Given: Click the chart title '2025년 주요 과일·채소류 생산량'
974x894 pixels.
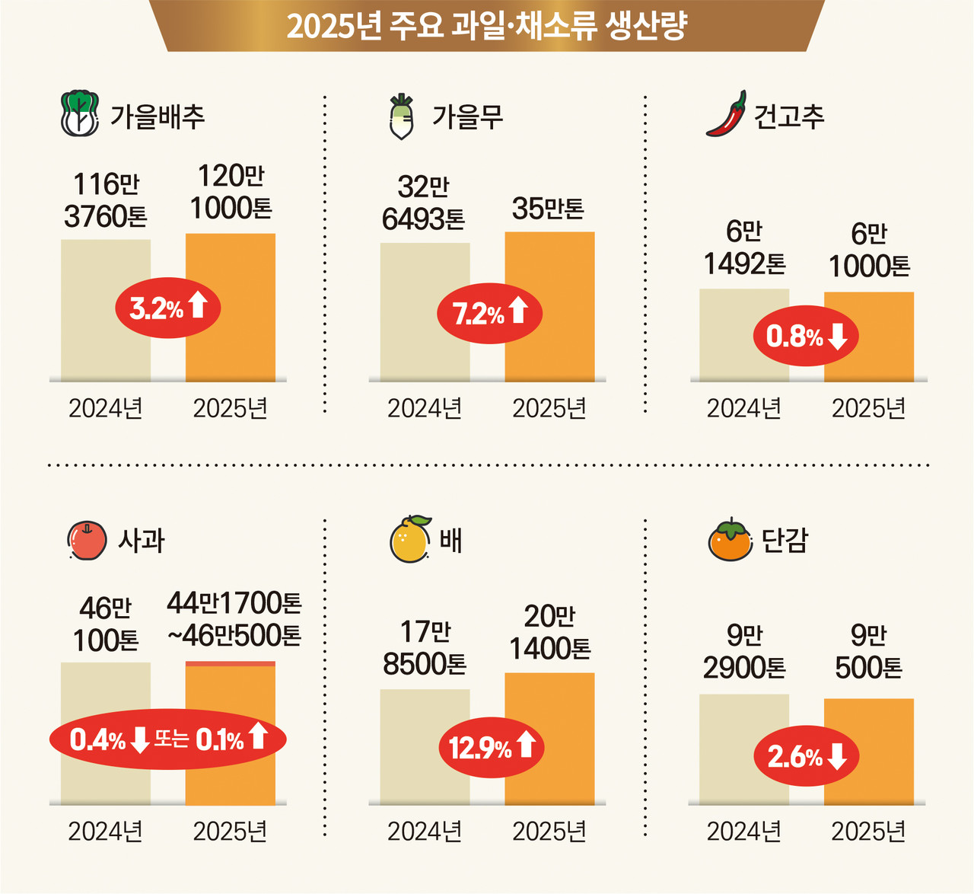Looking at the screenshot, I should coord(487,26).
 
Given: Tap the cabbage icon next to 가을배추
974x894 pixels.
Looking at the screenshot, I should coord(80,114).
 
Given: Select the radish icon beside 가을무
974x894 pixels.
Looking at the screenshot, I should coord(401,117).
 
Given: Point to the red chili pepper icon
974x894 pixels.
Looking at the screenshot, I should coord(726,114).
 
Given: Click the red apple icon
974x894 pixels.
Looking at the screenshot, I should coord(87,541).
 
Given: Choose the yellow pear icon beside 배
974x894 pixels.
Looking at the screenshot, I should coord(410,539).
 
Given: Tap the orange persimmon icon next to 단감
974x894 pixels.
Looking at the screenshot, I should coord(730,540).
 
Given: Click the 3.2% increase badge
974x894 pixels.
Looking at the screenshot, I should coord(167,308).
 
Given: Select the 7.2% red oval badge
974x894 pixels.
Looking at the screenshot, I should coord(489,312).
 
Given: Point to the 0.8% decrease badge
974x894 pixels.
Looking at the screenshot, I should coord(806,336).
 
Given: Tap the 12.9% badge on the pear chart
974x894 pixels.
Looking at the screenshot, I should coord(491,747).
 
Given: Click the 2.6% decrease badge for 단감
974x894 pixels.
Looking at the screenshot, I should coord(806,756).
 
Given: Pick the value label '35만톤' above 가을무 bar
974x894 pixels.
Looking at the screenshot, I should coord(548,208).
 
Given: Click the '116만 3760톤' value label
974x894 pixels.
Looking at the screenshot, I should coord(106,200).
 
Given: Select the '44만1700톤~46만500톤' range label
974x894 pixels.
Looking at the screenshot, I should coord(234,619).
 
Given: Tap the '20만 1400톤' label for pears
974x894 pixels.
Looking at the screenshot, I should coord(549,632).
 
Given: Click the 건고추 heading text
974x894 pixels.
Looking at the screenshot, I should coord(788,117).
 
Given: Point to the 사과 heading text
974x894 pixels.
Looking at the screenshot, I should coord(142,541).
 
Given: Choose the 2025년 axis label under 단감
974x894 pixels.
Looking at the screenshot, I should coord(868,832).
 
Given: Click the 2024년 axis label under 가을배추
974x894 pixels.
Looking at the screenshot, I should coord(106,409).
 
